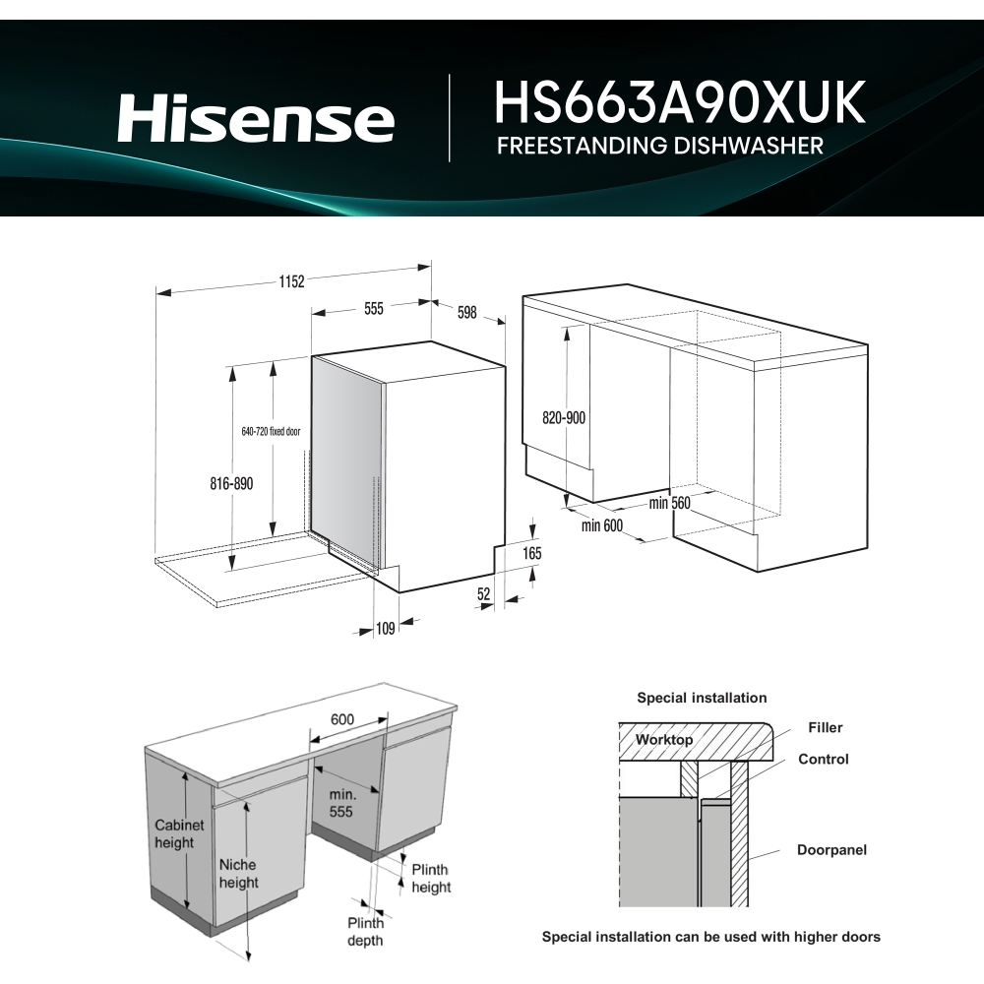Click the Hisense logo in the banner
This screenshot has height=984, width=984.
point(256,119)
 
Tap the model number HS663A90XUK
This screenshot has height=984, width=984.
point(679,102)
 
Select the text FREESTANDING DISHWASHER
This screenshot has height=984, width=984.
point(659,147)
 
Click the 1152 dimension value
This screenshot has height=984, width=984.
point(290,280)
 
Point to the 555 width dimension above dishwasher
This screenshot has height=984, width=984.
point(373,308)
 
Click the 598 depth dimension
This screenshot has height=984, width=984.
point(466,313)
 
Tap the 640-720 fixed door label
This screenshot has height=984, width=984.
point(272,431)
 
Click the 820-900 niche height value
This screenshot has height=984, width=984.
point(564,417)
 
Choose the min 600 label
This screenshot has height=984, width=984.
point(602,525)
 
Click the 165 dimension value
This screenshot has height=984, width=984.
point(531,554)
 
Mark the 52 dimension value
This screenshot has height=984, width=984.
point(484,593)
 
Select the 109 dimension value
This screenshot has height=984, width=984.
point(385,628)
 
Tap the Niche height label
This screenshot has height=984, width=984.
point(238,873)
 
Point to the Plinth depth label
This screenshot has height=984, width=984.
point(365,931)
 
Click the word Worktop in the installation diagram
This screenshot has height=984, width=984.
point(663,739)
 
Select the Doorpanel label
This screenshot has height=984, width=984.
point(831,849)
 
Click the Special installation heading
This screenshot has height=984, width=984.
point(702,698)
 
